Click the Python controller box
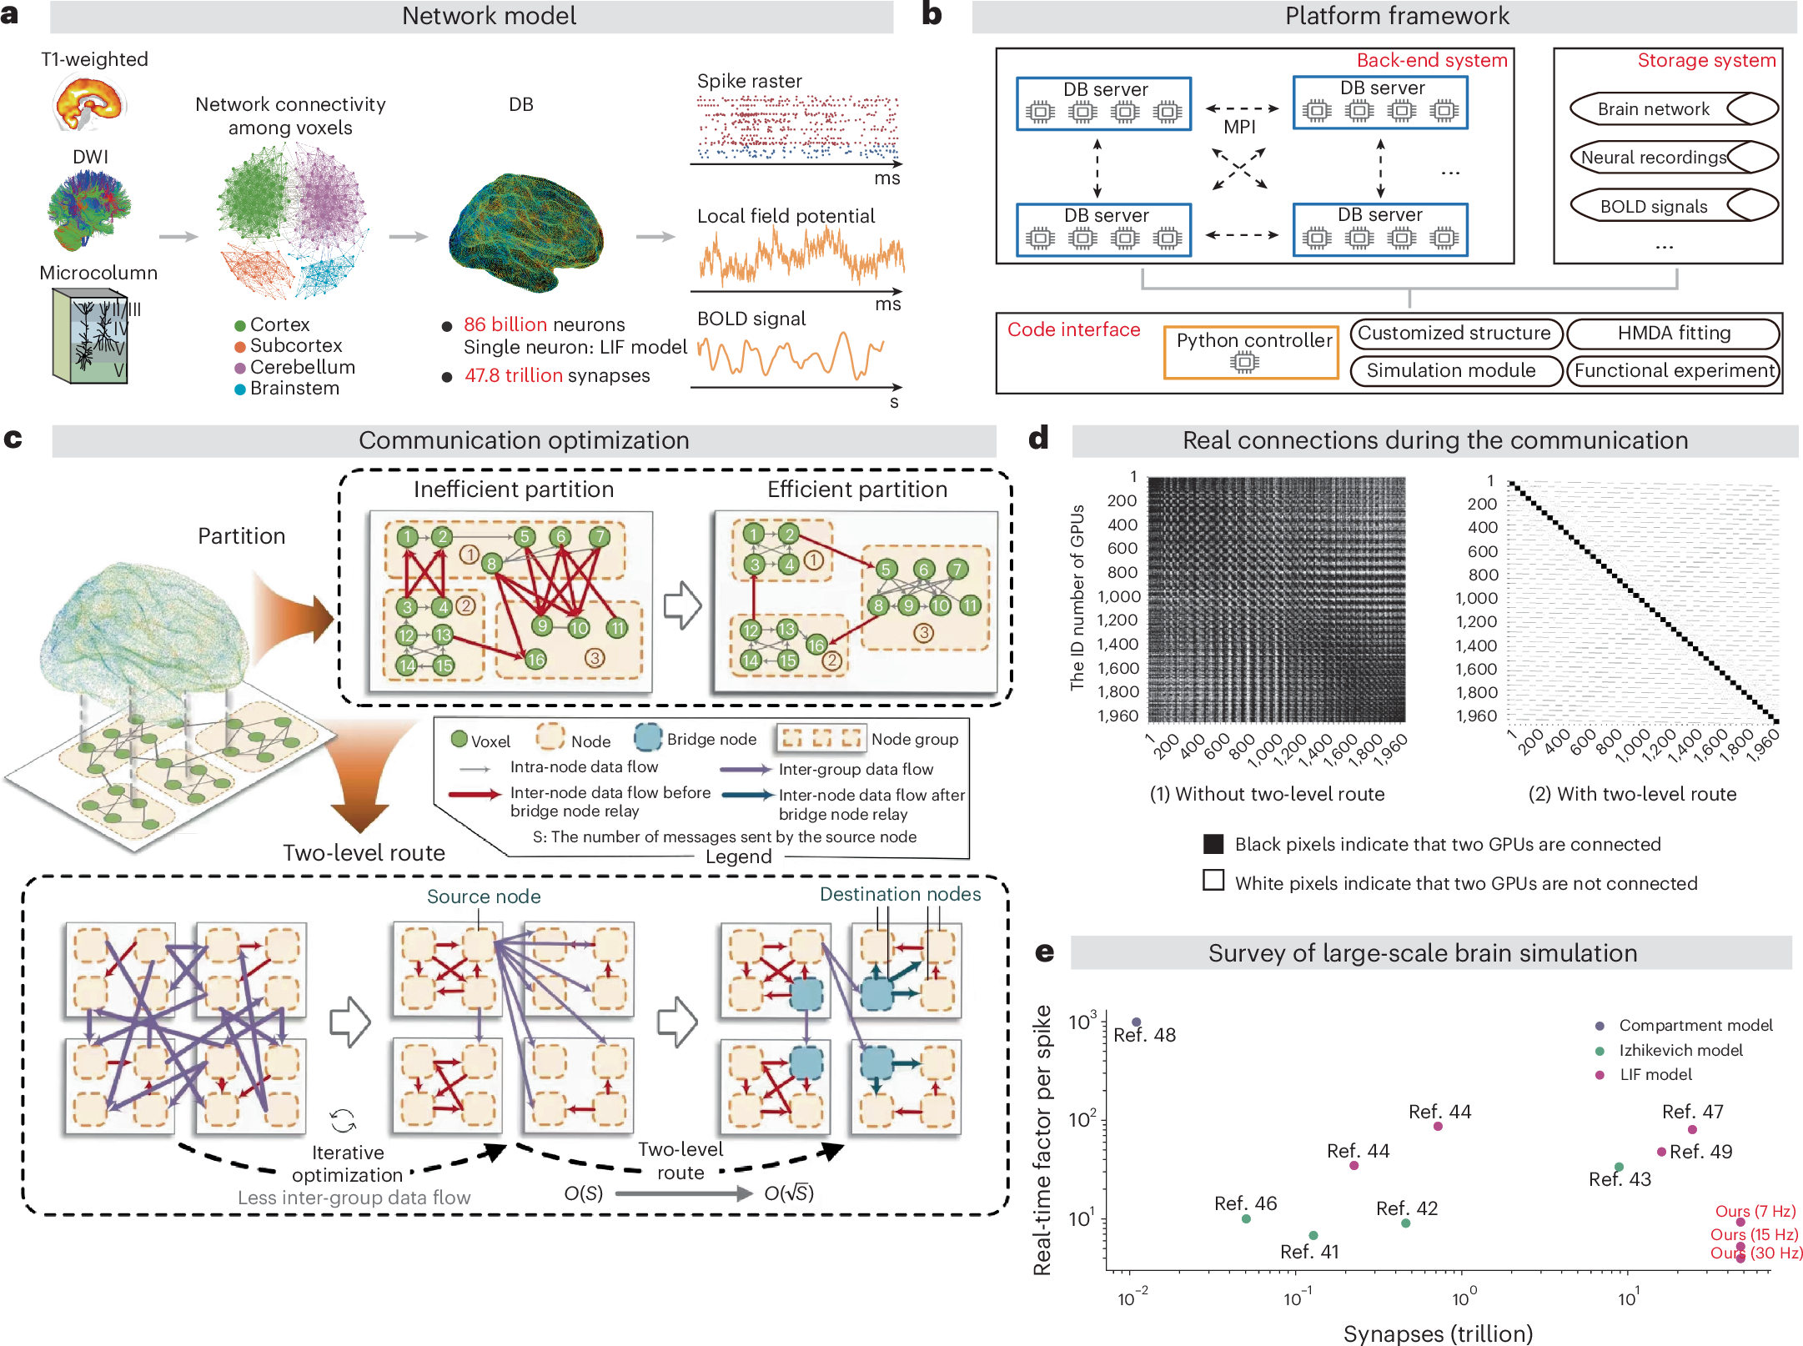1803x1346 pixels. pos(1251,352)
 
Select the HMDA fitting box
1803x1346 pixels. pos(1673,334)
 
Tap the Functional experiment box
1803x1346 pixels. pos(1673,371)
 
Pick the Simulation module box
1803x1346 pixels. pos(1454,371)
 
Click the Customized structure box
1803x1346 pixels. pos(1454,334)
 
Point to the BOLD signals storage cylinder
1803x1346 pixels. pos(1673,206)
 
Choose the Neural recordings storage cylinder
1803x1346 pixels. pos(1673,157)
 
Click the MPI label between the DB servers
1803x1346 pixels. pos(1239,127)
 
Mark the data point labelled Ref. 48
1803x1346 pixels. pos(1136,1022)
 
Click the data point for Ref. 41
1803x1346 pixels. pos(1313,1235)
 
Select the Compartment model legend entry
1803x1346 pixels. pos(1695,1025)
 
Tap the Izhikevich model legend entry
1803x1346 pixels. pos(1680,1050)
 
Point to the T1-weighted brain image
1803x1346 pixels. pos(90,103)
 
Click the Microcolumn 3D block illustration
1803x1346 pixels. pos(90,336)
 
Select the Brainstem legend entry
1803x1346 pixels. pos(294,389)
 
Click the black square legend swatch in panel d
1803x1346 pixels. pos(1213,844)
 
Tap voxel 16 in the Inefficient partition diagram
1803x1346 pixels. pos(535,660)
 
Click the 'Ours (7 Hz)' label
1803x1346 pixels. pos(1755,1211)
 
